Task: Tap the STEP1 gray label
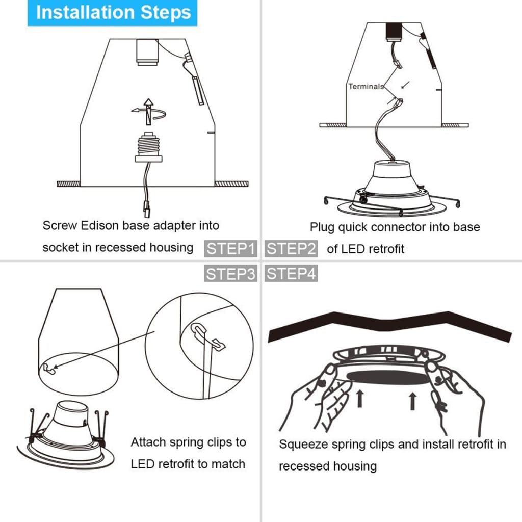click(231, 249)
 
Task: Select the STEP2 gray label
click(291, 249)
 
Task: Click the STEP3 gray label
click(231, 274)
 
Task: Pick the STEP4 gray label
click(291, 274)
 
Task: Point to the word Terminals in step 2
click(366, 86)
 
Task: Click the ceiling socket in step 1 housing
click(148, 53)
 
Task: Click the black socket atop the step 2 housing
click(394, 32)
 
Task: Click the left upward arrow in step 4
click(359, 398)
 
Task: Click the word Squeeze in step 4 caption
click(303, 444)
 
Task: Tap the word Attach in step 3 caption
click(148, 442)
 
